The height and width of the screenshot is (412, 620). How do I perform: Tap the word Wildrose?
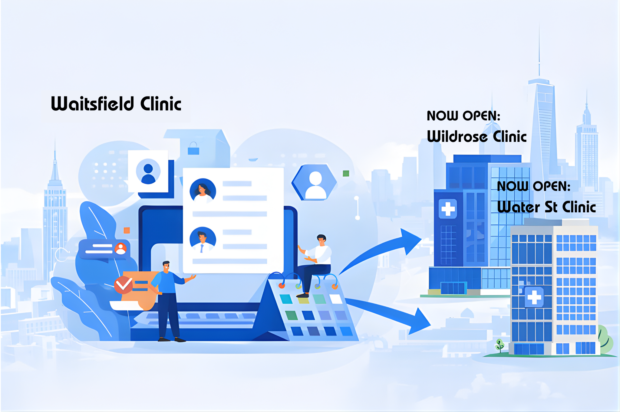pyautogui.click(x=457, y=136)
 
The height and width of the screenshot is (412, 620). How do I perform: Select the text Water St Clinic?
pyautogui.click(x=546, y=207)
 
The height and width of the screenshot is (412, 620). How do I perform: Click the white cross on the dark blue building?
pyautogui.click(x=448, y=209)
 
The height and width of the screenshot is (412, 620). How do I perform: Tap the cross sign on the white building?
pyautogui.click(x=534, y=297)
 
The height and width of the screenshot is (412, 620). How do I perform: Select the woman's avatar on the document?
pyautogui.click(x=203, y=191)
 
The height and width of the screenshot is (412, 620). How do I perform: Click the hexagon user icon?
pyautogui.click(x=315, y=183)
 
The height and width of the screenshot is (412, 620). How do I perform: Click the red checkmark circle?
pyautogui.click(x=123, y=285)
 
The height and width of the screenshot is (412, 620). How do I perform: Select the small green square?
pyautogui.click(x=346, y=173)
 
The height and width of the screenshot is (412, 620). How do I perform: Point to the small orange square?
pyautogui.click(x=127, y=230)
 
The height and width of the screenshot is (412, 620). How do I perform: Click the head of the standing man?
pyautogui.click(x=166, y=266)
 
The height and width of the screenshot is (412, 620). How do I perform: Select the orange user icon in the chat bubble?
pyautogui.click(x=120, y=248)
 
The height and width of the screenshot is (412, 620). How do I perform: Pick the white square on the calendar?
pyautogui.click(x=335, y=299)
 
